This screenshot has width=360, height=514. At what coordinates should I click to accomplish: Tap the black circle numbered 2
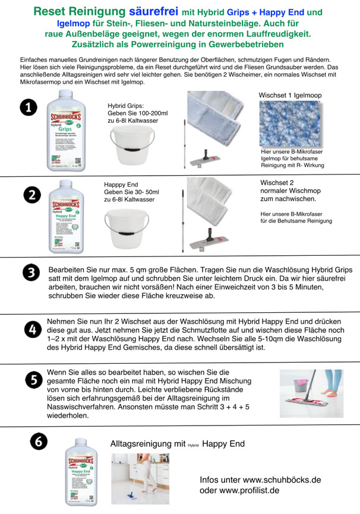32,195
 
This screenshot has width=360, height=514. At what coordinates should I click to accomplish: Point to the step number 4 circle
31,329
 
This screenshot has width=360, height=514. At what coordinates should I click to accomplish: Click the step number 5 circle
33,379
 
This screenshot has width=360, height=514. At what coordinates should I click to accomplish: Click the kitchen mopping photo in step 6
140,478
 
